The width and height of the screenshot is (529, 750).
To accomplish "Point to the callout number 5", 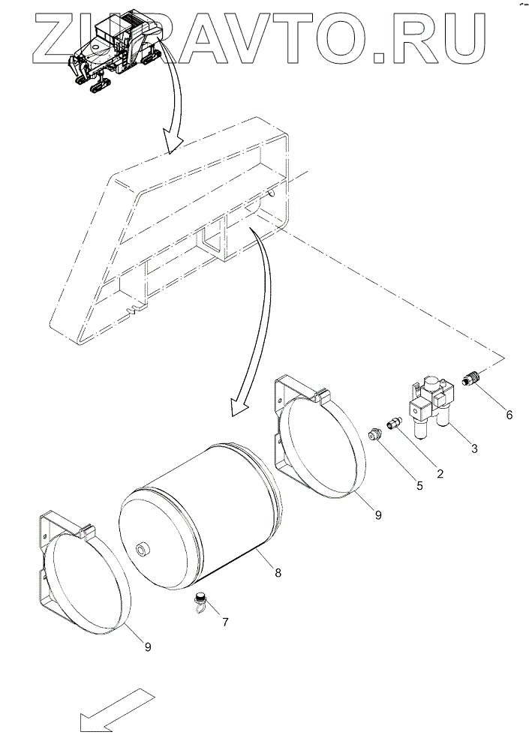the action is click(x=419, y=485).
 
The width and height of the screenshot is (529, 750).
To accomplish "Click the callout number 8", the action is click(x=278, y=573).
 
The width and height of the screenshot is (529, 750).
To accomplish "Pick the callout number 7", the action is click(x=225, y=622).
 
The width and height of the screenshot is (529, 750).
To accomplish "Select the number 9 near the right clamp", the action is click(x=377, y=515).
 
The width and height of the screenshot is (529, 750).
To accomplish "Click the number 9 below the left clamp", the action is click(x=147, y=647).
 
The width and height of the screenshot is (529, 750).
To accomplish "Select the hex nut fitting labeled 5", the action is click(x=376, y=433).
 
